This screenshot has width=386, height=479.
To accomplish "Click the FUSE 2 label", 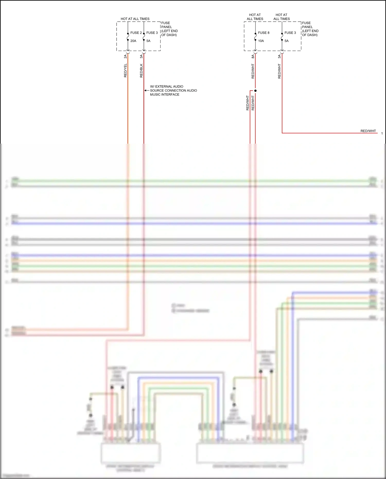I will click(136, 33).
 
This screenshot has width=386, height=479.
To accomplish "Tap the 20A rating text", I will click(133, 41).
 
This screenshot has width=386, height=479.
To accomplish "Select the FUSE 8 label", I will click(264, 33).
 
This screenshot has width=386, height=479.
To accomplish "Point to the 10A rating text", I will click(261, 41).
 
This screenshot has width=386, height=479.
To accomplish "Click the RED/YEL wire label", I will click(126, 71).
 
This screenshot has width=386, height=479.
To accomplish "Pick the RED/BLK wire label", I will click(141, 71).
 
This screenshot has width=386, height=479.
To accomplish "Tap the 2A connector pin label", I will click(125, 56).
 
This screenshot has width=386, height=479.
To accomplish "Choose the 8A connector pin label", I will click(253, 56).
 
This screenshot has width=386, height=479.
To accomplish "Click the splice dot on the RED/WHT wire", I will click(255, 91).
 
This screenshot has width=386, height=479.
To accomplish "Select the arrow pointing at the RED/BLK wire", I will click(146, 91).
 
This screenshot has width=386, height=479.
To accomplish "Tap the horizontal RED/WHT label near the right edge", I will click(368, 131).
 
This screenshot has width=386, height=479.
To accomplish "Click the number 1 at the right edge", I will click(382, 133).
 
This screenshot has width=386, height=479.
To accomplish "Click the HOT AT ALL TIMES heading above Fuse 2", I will click(135, 19).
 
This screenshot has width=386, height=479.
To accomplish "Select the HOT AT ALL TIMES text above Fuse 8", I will click(255, 17).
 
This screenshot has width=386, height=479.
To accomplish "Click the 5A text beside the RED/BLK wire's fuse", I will click(148, 41).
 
